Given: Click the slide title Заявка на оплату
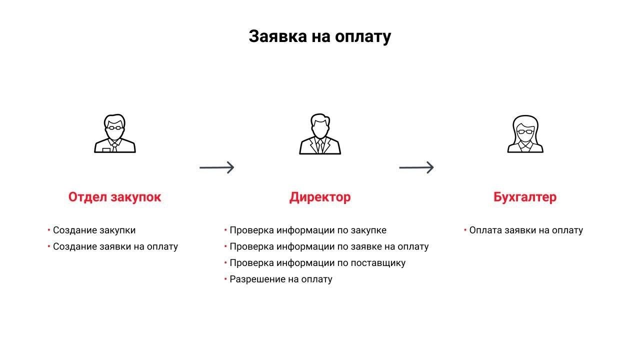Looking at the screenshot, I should [x=319, y=36].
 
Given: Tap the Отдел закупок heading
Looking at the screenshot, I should [x=114, y=197].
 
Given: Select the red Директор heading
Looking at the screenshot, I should [x=320, y=197].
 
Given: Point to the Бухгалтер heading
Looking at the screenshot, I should [x=524, y=197].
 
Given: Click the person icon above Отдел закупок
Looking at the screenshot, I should [x=115, y=134].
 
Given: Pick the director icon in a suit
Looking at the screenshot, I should [x=320, y=134].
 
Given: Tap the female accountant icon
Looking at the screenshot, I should [x=525, y=134].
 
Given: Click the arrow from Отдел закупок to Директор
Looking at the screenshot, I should [x=217, y=167].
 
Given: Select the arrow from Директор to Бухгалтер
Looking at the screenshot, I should [x=416, y=167].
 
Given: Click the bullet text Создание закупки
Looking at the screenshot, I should [x=94, y=230].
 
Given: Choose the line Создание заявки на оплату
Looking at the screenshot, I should [x=115, y=246].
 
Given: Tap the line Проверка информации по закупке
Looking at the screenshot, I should [x=307, y=230].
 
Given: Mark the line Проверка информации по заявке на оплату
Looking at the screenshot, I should [x=329, y=246].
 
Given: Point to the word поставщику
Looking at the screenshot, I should [x=378, y=263].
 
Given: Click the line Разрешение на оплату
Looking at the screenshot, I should [x=280, y=279].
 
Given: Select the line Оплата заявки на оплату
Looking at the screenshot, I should [x=526, y=230].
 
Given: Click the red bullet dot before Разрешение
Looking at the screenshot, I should [x=225, y=278].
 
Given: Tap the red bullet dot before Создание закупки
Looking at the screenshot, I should [x=49, y=230].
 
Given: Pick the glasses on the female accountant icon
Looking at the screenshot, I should [x=525, y=131].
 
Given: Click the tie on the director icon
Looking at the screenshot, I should [x=320, y=146].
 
